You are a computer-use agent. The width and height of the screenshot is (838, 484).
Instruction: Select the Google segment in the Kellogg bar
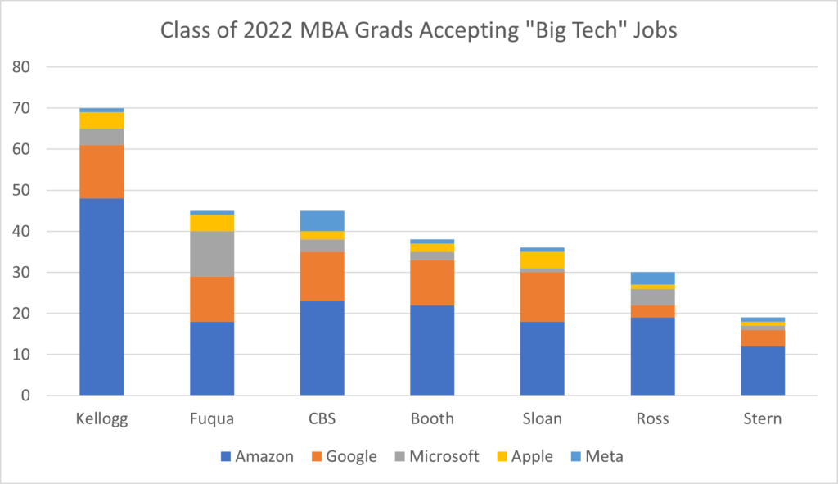(101, 172)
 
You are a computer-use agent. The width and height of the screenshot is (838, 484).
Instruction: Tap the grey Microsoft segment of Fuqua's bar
(212, 254)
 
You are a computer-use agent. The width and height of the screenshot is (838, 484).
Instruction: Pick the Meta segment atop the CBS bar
(322, 220)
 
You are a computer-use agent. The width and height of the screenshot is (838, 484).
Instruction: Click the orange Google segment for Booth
(432, 283)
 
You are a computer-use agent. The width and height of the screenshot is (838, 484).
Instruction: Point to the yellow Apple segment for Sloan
(542, 260)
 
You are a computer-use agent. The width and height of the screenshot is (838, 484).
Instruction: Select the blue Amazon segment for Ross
(652, 356)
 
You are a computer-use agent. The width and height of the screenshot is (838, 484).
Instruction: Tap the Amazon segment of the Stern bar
(763, 370)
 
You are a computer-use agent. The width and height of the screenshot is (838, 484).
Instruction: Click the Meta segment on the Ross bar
(652, 278)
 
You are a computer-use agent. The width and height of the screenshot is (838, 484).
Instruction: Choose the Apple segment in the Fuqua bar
(212, 223)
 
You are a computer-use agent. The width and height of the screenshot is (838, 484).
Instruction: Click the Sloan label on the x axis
(542, 418)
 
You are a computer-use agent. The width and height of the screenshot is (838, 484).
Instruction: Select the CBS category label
(322, 418)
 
